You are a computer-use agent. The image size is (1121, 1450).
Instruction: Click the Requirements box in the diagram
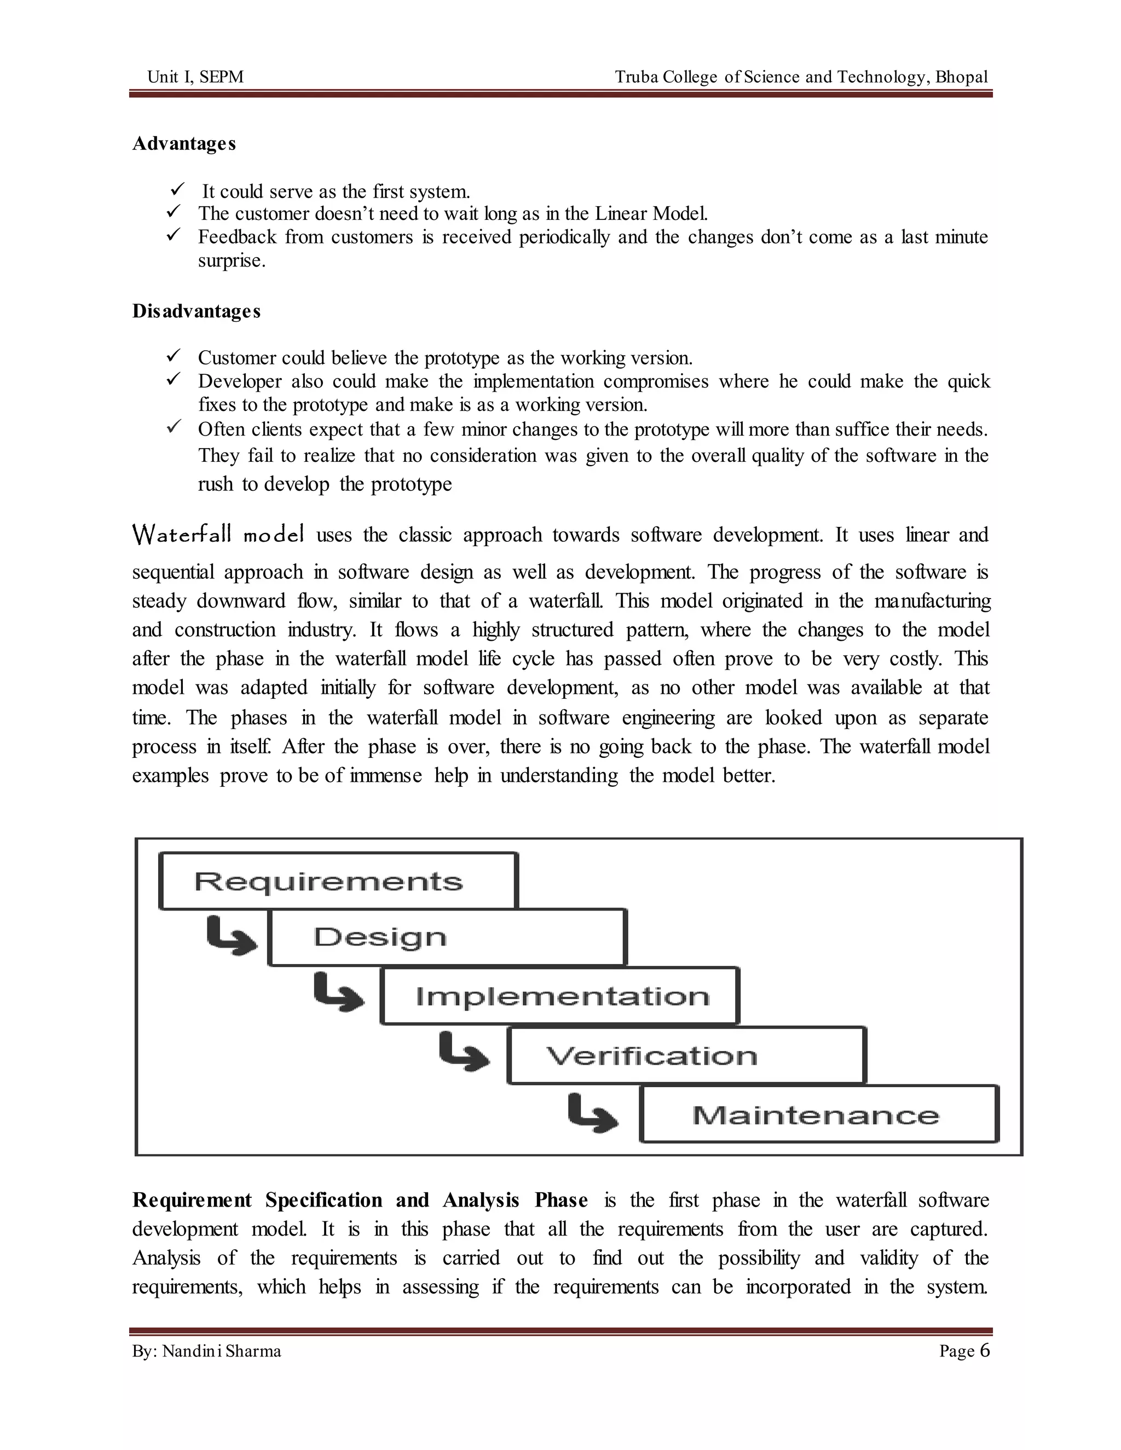(338, 881)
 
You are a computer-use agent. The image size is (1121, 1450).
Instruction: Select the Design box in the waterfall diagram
(447, 937)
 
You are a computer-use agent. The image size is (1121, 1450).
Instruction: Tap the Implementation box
(560, 996)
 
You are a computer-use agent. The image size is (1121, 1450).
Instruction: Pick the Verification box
(686, 1055)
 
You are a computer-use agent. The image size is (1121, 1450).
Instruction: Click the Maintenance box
(819, 1115)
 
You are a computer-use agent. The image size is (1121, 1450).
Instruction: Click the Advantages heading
(184, 143)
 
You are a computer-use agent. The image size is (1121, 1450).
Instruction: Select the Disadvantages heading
(196, 311)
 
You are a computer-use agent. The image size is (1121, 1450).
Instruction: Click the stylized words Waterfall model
(218, 535)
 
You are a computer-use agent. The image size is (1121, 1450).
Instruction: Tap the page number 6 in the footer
(984, 1350)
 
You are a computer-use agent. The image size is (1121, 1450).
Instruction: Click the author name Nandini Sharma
(222, 1351)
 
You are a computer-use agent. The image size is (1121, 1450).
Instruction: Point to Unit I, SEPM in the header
(195, 77)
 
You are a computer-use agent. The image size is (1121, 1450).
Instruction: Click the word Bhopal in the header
(962, 77)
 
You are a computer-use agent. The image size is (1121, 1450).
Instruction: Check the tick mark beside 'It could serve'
(177, 190)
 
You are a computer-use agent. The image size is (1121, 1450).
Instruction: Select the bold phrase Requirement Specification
(258, 1200)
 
